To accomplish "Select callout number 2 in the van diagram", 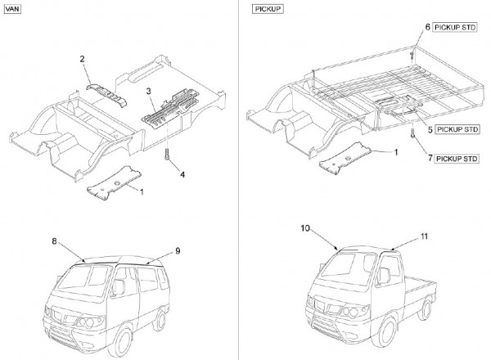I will [x=83, y=58].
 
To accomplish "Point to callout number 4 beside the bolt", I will [x=182, y=174].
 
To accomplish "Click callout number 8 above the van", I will [x=55, y=242].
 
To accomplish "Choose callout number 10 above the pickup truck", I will [x=303, y=232].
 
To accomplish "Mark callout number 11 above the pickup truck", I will [x=423, y=236].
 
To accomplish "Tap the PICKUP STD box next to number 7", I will [x=457, y=157].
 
